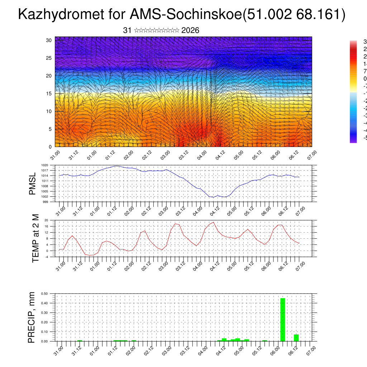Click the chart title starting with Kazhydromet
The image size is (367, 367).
click(182, 15)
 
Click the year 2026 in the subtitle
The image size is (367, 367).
click(190, 30)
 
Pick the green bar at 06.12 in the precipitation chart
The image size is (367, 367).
click(296, 338)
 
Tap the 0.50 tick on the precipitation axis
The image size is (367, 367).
click(45, 294)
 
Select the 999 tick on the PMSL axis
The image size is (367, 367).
click(46, 202)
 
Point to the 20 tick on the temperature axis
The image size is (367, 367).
click(47, 220)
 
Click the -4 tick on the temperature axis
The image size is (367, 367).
click(47, 257)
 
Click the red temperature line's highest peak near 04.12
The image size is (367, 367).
click(214, 222)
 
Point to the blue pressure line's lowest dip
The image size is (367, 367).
click(213, 197)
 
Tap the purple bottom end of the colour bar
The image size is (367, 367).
click(353, 141)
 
